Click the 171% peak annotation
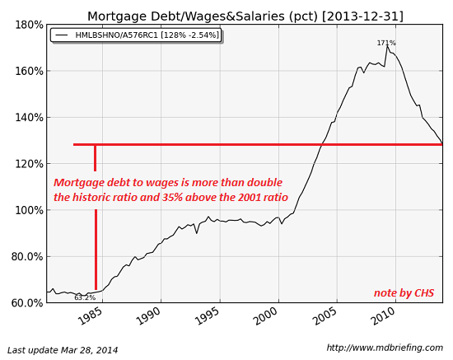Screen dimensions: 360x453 (386, 43)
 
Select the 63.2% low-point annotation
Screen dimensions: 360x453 (85, 297)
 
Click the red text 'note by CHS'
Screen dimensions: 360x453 (404, 293)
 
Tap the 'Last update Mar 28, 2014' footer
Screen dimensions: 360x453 (63, 350)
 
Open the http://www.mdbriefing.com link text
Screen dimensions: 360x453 (384, 348)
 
